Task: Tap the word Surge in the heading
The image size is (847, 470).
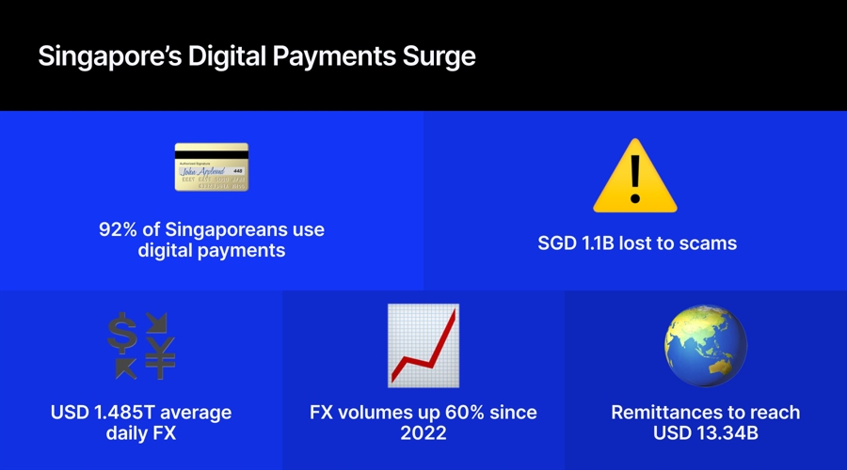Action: [441, 56]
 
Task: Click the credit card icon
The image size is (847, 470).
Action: [211, 166]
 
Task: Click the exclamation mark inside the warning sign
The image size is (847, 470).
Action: [635, 174]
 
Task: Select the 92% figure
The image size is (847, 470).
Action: [120, 230]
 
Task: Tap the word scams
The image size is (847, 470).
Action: [711, 243]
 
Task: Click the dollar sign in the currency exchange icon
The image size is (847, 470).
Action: [122, 331]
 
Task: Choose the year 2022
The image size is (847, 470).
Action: [423, 433]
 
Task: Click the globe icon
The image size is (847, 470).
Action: [705, 345]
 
